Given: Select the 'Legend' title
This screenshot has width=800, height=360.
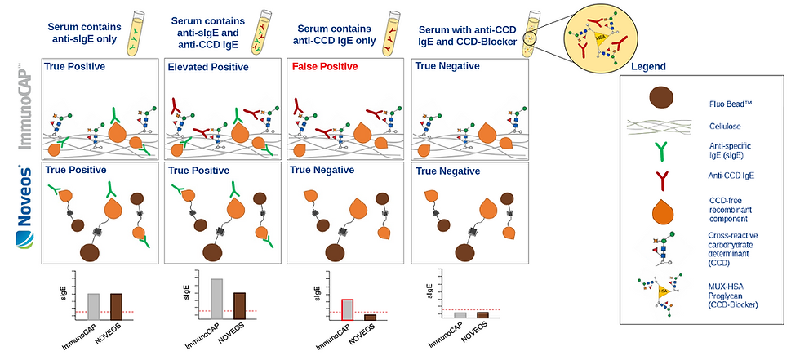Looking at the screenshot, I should coord(649,66).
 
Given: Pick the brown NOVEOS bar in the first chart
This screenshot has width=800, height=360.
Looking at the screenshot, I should coord(116,306).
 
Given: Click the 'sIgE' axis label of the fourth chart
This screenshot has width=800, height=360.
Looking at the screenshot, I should coord(430,292).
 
